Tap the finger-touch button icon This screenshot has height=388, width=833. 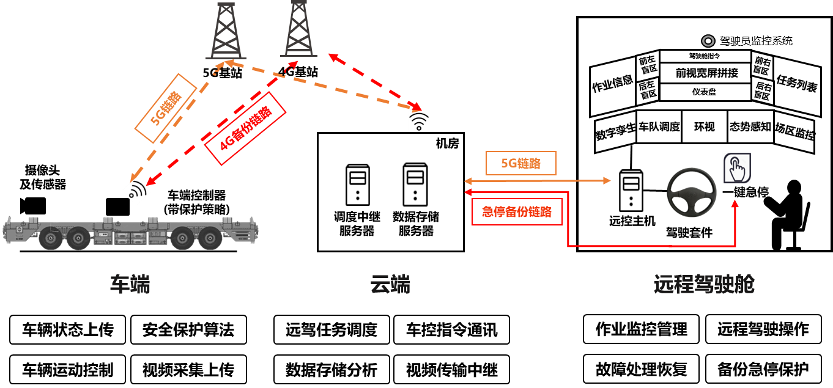[x=737, y=168]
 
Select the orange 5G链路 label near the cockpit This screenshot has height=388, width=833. [x=521, y=164]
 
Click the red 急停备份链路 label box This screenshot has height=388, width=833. [x=517, y=212]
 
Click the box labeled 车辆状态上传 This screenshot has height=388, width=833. [x=67, y=330]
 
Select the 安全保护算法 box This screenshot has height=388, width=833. [x=188, y=330]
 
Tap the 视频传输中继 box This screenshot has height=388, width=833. [x=452, y=370]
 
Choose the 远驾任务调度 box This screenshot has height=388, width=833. [x=331, y=330]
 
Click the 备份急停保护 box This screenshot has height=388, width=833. [x=763, y=370]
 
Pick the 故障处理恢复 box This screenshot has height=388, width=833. [x=642, y=370]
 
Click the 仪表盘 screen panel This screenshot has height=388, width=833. [x=705, y=92]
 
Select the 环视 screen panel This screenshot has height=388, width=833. [x=704, y=127]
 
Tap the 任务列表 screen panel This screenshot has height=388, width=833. [x=797, y=84]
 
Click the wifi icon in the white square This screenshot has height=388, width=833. [x=420, y=121]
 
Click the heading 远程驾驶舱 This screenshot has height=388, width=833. [x=703, y=285]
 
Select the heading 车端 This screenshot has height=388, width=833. [x=130, y=285]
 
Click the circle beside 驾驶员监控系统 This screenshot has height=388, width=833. [x=708, y=42]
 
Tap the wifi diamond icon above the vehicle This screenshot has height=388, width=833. [x=137, y=192]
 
